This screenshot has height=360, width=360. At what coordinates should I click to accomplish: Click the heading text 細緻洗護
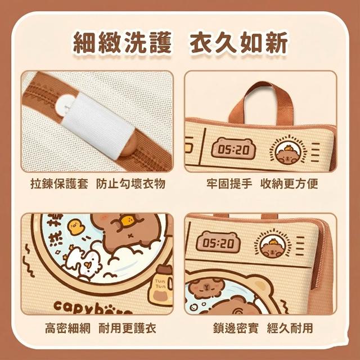pyautogui.click(x=123, y=43)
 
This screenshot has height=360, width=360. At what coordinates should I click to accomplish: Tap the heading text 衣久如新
pyautogui.click(x=238, y=43)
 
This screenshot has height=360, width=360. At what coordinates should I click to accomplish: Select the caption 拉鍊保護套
pyautogui.click(x=59, y=184)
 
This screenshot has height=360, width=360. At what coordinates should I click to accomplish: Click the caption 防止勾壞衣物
pyautogui.click(x=130, y=184)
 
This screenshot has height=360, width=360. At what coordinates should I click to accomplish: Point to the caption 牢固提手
pyautogui.click(x=229, y=184)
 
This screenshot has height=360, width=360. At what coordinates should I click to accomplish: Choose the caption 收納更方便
pyautogui.click(x=289, y=184)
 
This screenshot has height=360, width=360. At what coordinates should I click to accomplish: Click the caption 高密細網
pyautogui.click(x=67, y=328)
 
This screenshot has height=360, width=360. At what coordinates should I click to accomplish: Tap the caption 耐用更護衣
pyautogui.click(x=128, y=328)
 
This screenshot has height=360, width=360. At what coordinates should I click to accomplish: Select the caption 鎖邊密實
pyautogui.click(x=236, y=328)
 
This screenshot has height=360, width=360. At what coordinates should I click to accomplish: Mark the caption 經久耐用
pyautogui.click(x=290, y=328)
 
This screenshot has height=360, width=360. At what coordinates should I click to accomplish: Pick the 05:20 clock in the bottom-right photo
pyautogui.click(x=218, y=242)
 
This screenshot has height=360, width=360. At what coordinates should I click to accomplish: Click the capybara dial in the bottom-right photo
pyautogui.click(x=273, y=244)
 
